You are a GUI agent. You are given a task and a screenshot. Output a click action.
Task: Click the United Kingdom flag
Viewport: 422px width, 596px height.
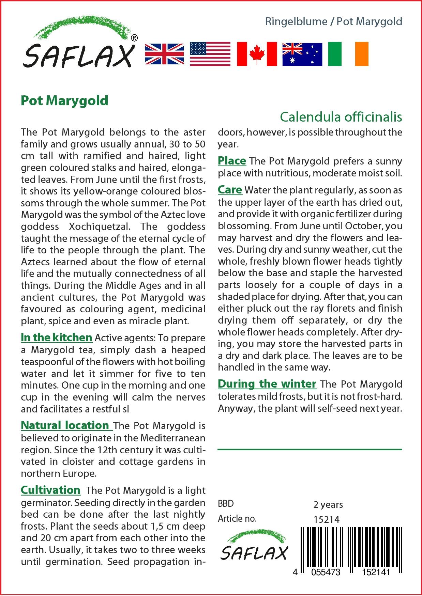pyautogui.click(x=164, y=54)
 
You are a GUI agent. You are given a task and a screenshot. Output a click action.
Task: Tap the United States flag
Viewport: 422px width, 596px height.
pyautogui.click(x=210, y=54)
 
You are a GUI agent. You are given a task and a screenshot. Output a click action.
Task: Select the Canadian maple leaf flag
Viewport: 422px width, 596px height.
pyautogui.click(x=256, y=54)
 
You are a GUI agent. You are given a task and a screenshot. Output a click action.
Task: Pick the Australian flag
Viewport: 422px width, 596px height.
pyautogui.click(x=302, y=54)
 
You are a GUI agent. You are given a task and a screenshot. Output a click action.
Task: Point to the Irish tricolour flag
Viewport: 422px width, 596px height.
pyautogui.click(x=348, y=54)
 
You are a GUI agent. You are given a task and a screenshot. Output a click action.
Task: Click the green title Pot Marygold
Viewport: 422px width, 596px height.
pyautogui.click(x=64, y=101)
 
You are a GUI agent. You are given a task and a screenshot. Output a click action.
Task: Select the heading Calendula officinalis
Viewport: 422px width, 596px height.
pyautogui.click(x=341, y=117)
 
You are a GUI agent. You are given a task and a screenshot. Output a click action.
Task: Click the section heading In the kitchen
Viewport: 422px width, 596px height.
pyautogui.click(x=56, y=338)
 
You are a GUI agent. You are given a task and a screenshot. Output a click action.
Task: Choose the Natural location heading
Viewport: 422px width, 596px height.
pyautogui.click(x=65, y=425)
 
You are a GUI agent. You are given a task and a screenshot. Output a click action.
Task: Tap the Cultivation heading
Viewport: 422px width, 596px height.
pyautogui.click(x=50, y=490)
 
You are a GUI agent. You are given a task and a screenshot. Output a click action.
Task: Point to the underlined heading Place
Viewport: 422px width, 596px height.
pyautogui.click(x=232, y=161)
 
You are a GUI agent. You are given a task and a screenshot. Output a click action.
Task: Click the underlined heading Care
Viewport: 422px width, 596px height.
pyautogui.click(x=230, y=190)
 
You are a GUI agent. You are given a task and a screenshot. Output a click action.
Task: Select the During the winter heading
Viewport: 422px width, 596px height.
pyautogui.click(x=267, y=384)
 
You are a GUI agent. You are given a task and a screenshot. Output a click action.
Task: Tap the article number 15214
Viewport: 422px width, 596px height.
pyautogui.click(x=326, y=519)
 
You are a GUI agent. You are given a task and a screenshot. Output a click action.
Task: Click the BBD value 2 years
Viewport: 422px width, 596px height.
pyautogui.click(x=328, y=505)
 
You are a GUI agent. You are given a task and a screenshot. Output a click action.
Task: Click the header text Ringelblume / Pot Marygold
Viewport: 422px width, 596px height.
pyautogui.click(x=334, y=22)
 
